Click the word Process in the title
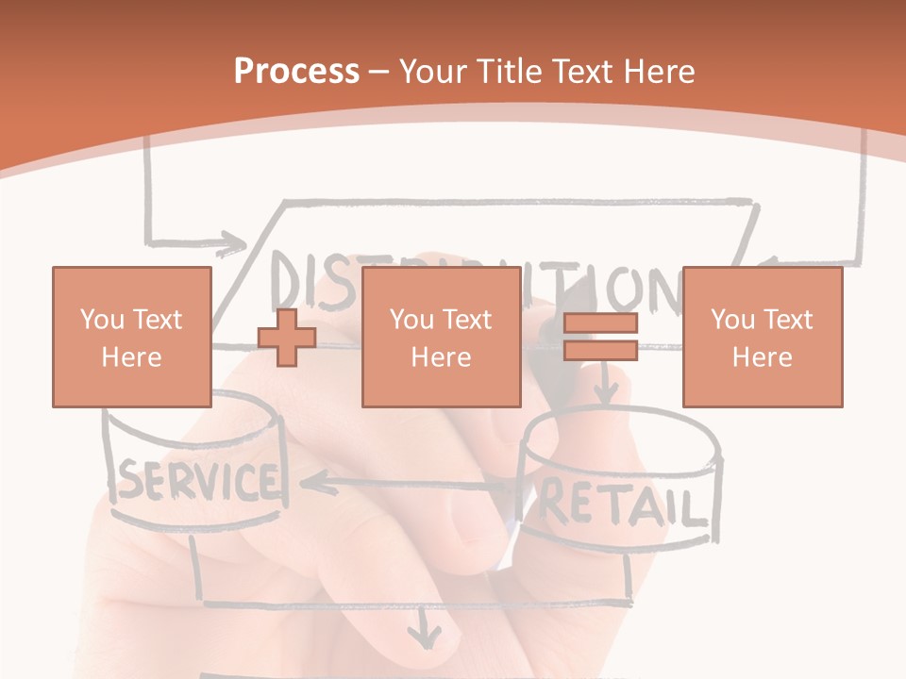tap(296, 71)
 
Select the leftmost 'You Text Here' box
tap(132, 337)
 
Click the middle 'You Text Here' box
tap(441, 337)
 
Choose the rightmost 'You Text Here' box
tap(763, 337)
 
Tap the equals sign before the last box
tap(600, 337)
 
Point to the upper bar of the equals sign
tap(600, 323)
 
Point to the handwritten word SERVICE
tap(198, 482)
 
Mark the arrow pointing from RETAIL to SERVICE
tap(396, 485)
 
